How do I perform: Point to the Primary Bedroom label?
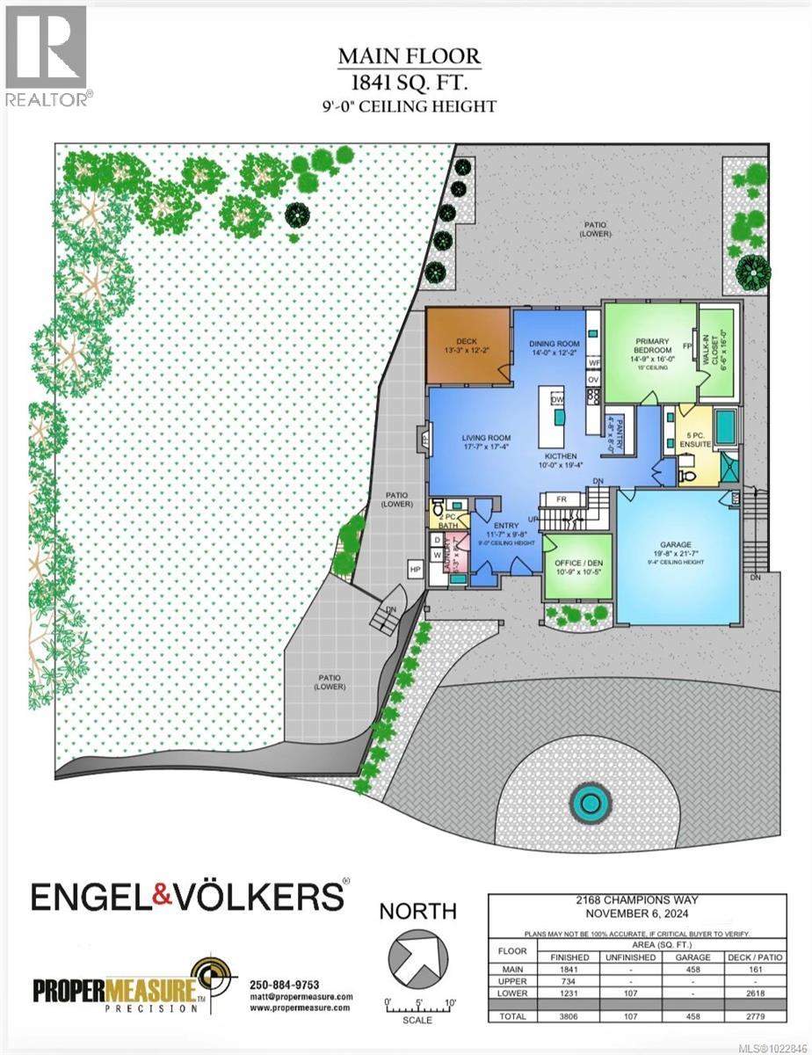pyautogui.click(x=652, y=346)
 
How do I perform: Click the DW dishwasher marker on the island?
pyautogui.click(x=556, y=400)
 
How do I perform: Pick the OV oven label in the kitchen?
pyautogui.click(x=593, y=380)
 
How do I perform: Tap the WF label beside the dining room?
pyautogui.click(x=594, y=362)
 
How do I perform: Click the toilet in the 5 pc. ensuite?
pyautogui.click(x=688, y=476)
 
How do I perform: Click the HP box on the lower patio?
pyautogui.click(x=415, y=571)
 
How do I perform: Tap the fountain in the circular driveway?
pyautogui.click(x=590, y=802)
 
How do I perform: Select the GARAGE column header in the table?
pyautogui.click(x=691, y=957)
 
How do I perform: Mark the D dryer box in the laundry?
pyautogui.click(x=437, y=541)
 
